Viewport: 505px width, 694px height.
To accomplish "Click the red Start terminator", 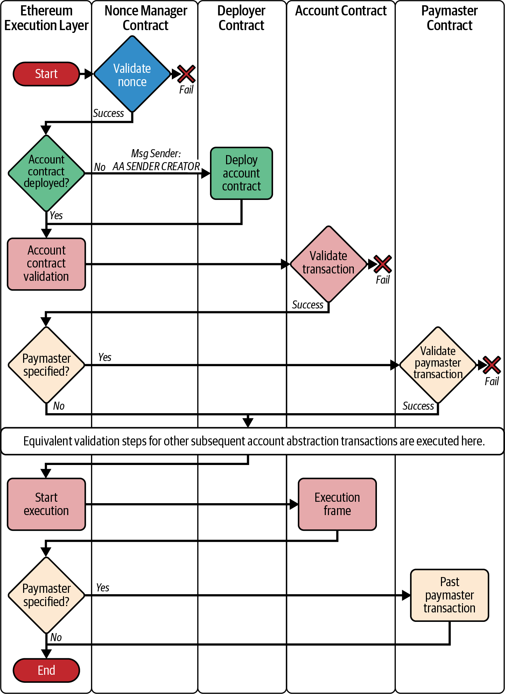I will (x=46, y=74).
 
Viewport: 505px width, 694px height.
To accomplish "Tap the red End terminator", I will (x=46, y=670).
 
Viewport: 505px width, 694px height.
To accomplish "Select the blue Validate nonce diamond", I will (x=132, y=74).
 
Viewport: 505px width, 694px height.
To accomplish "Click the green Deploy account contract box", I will (x=241, y=173).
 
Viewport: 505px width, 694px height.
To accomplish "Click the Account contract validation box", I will (x=46, y=264).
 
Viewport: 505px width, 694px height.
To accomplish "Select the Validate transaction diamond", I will (x=328, y=264).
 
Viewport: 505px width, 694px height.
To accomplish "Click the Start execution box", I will (x=46, y=504).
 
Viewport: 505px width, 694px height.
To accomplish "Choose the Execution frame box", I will (x=337, y=504).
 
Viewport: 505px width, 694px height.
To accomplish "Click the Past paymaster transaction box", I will (x=449, y=595).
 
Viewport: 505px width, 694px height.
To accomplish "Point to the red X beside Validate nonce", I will (x=186, y=74).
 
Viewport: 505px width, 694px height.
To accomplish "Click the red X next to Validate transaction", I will (x=383, y=264).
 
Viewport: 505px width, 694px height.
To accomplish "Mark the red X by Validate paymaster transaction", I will (x=492, y=365).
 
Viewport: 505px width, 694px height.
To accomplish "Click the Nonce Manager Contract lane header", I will (x=146, y=18).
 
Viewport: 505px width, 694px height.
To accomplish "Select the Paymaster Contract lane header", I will (x=449, y=18).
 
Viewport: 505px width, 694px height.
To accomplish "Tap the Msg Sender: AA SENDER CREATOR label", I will (x=156, y=160).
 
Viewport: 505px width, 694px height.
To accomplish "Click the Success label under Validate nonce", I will (x=108, y=113).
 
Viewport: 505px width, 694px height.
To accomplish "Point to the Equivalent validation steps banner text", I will (x=254, y=441).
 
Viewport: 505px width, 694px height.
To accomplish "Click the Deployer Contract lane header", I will (x=241, y=18).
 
